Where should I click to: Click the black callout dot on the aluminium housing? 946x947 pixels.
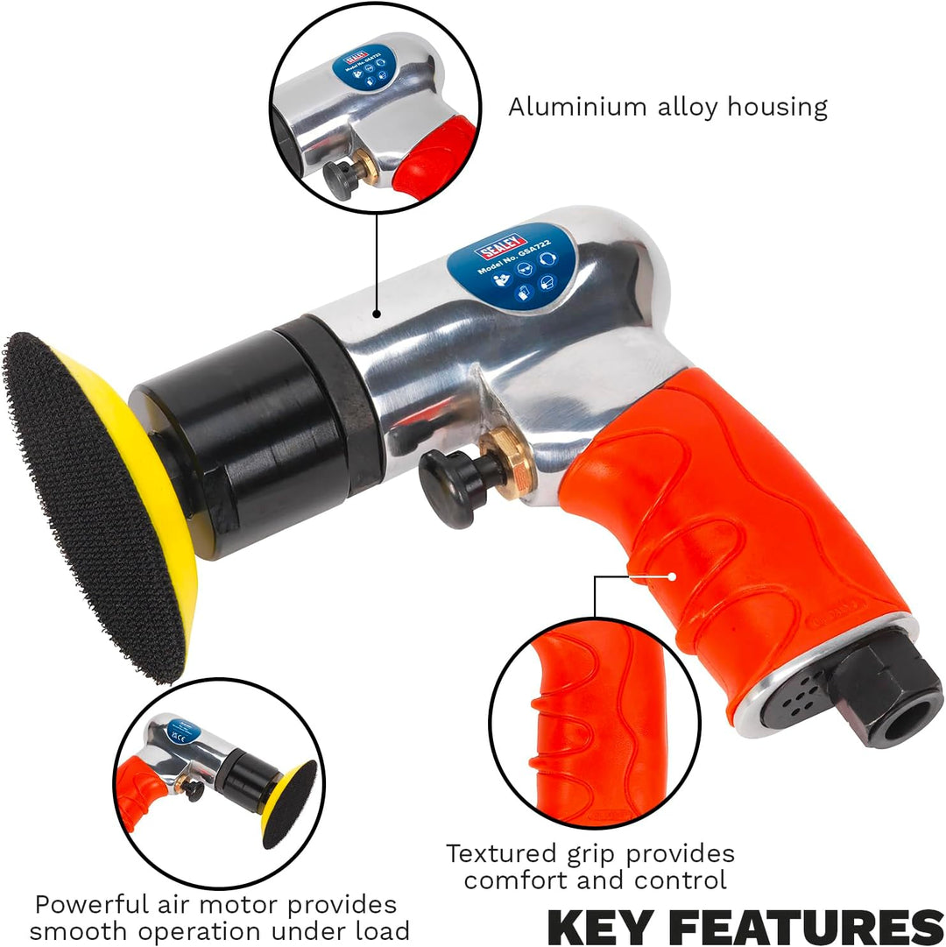point(377,313)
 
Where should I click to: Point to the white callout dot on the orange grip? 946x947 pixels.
point(673,576)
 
